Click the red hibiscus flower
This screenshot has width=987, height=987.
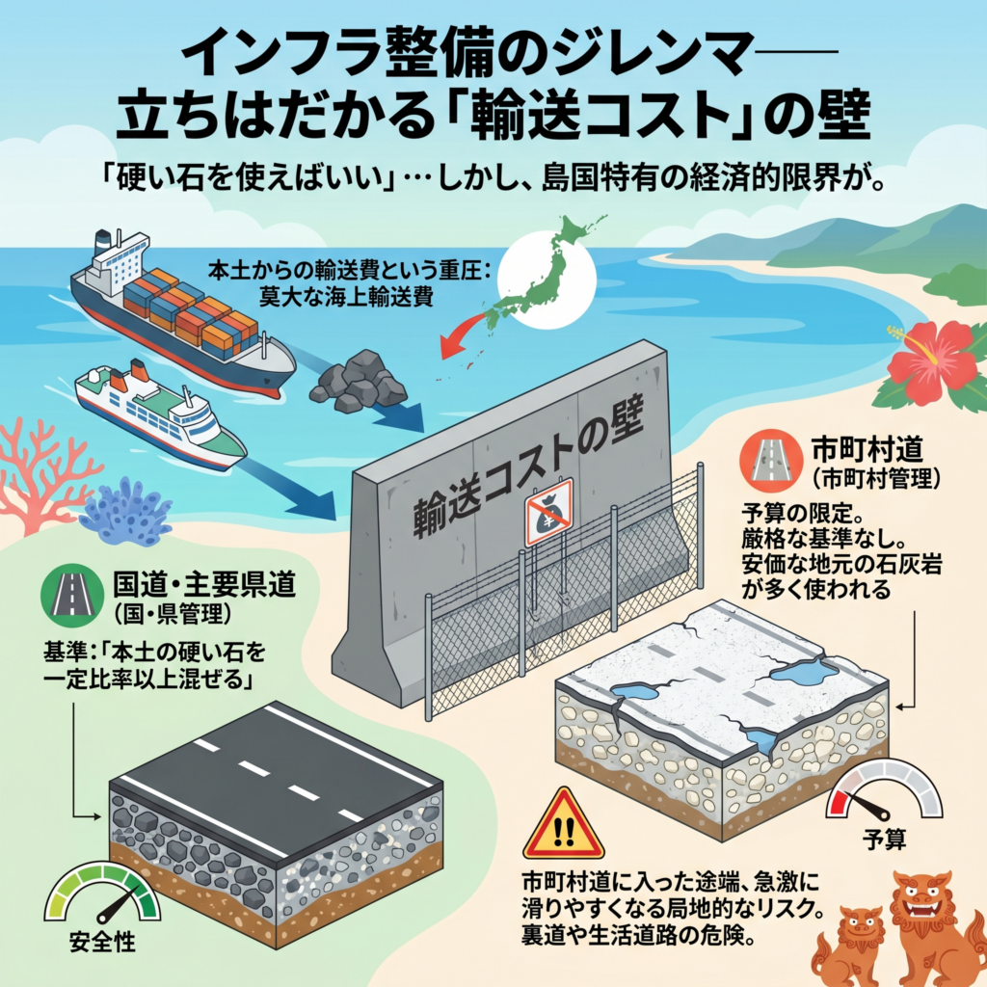click(931, 362)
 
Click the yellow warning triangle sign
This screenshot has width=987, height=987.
click(563, 826)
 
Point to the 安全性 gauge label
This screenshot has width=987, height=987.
click(100, 941)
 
